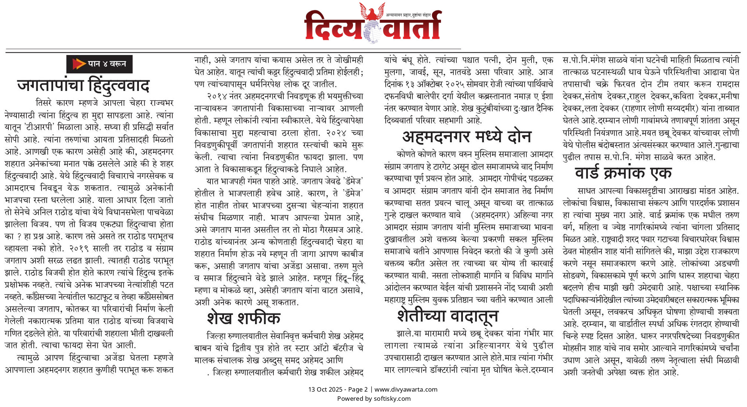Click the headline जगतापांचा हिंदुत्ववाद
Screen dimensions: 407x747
tap(83, 85)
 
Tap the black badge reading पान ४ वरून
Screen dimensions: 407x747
tap(99, 64)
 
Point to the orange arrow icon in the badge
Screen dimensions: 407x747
tap(78, 64)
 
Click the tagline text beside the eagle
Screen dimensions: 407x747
tap(408, 15)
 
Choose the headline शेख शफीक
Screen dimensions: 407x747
tap(243, 318)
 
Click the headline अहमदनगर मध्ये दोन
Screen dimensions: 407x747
tap(467, 137)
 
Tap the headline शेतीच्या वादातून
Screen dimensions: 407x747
tap(448, 316)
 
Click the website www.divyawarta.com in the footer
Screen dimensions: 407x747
tap(406, 389)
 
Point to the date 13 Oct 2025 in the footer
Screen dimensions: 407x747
tap(325, 389)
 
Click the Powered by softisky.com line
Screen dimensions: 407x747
tap(373, 399)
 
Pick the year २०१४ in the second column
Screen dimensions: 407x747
tap(217, 96)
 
